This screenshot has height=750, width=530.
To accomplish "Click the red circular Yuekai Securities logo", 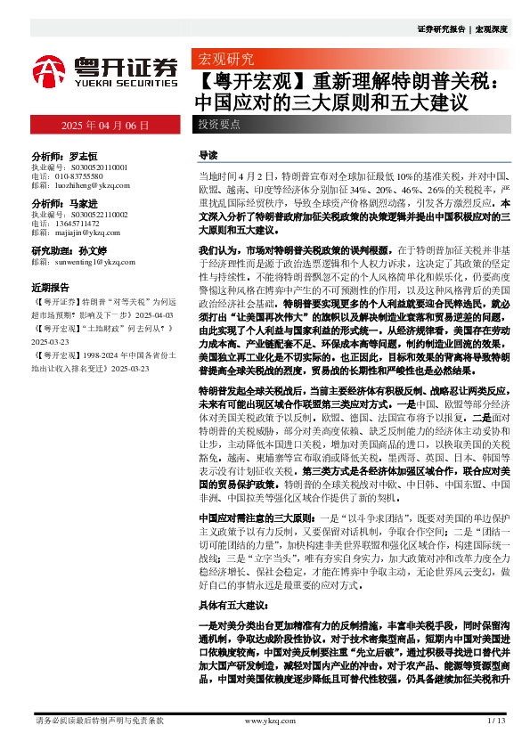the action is pyautogui.click(x=51, y=69).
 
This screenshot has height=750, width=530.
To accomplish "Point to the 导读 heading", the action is pyautogui.click(x=208, y=154).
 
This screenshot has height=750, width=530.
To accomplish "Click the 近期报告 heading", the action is pyautogui.click(x=50, y=289).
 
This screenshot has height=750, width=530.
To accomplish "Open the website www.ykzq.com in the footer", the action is pyautogui.click(x=263, y=720).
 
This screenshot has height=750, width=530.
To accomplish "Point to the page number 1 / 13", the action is pyautogui.click(x=497, y=720).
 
